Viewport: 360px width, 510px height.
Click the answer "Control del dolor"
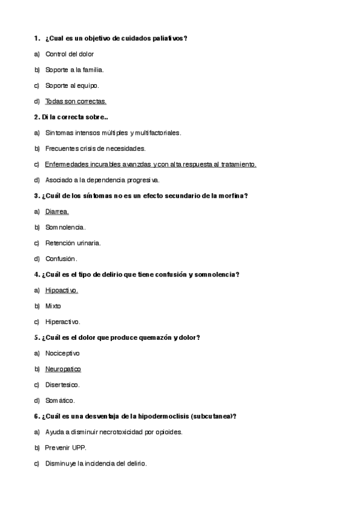[69, 54]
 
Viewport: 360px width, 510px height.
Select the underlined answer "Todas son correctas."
[76, 101]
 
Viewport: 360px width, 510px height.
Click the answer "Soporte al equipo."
[72, 85]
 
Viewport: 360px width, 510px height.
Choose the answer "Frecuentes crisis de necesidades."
[95, 148]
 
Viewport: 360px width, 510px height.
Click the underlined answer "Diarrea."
[57, 211]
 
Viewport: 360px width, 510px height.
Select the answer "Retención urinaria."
[73, 243]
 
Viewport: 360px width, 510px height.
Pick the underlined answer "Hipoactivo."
[62, 290]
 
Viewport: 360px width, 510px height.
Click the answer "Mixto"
[53, 306]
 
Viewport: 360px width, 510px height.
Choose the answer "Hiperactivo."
[63, 321]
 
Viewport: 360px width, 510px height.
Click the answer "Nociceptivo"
[63, 353]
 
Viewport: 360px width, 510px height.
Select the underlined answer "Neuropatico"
[63, 369]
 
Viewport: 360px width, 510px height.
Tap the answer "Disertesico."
[63, 384]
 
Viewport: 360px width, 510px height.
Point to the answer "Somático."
[60, 400]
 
